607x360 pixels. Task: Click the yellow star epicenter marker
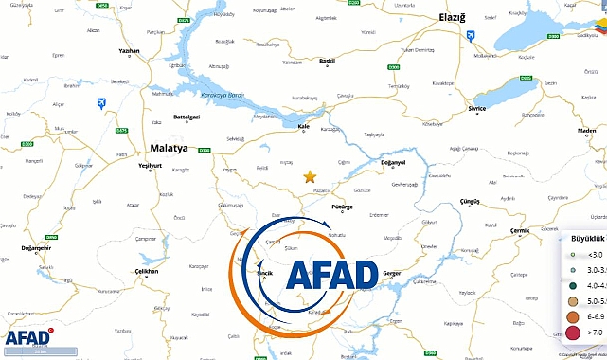tap(309, 176)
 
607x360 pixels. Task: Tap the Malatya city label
tap(169, 148)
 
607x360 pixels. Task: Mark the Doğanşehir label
tap(35, 248)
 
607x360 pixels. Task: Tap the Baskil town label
tap(328, 61)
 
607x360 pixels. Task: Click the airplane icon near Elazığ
tap(473, 35)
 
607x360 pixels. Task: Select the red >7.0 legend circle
tap(571, 333)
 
